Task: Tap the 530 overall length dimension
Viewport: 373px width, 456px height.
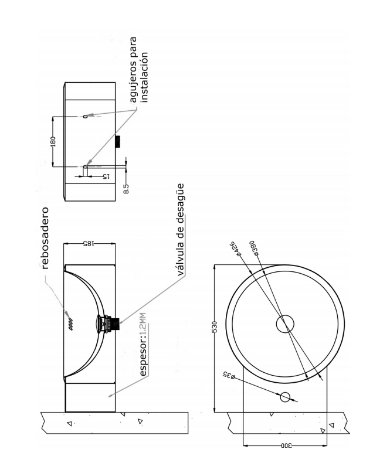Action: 214,326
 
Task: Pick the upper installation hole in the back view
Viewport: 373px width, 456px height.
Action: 86,117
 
